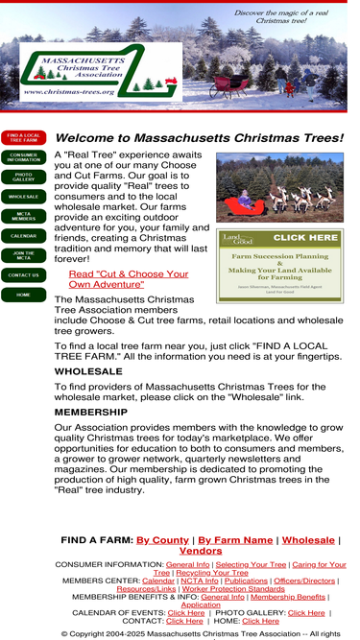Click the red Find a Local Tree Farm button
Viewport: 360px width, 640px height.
coord(24,137)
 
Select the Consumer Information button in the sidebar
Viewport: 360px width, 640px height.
coord(24,157)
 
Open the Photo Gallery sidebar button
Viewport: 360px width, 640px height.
coord(24,177)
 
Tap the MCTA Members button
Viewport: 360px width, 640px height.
coord(24,216)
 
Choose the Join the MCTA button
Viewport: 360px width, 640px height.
coord(24,255)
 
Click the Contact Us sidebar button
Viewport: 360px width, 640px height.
coord(24,275)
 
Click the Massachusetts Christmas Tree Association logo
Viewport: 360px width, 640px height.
coord(98,71)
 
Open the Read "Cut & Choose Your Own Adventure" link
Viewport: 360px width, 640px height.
coord(129,279)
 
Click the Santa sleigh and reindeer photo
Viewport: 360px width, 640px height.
coord(278,187)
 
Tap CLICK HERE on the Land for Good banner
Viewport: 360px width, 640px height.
coord(304,237)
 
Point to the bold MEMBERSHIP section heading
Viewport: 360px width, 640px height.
coord(91,412)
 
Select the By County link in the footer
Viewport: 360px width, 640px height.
coord(162,540)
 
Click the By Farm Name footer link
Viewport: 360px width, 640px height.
coord(235,540)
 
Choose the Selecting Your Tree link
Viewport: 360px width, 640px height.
coord(251,565)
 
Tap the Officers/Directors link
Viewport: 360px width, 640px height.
coord(304,581)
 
